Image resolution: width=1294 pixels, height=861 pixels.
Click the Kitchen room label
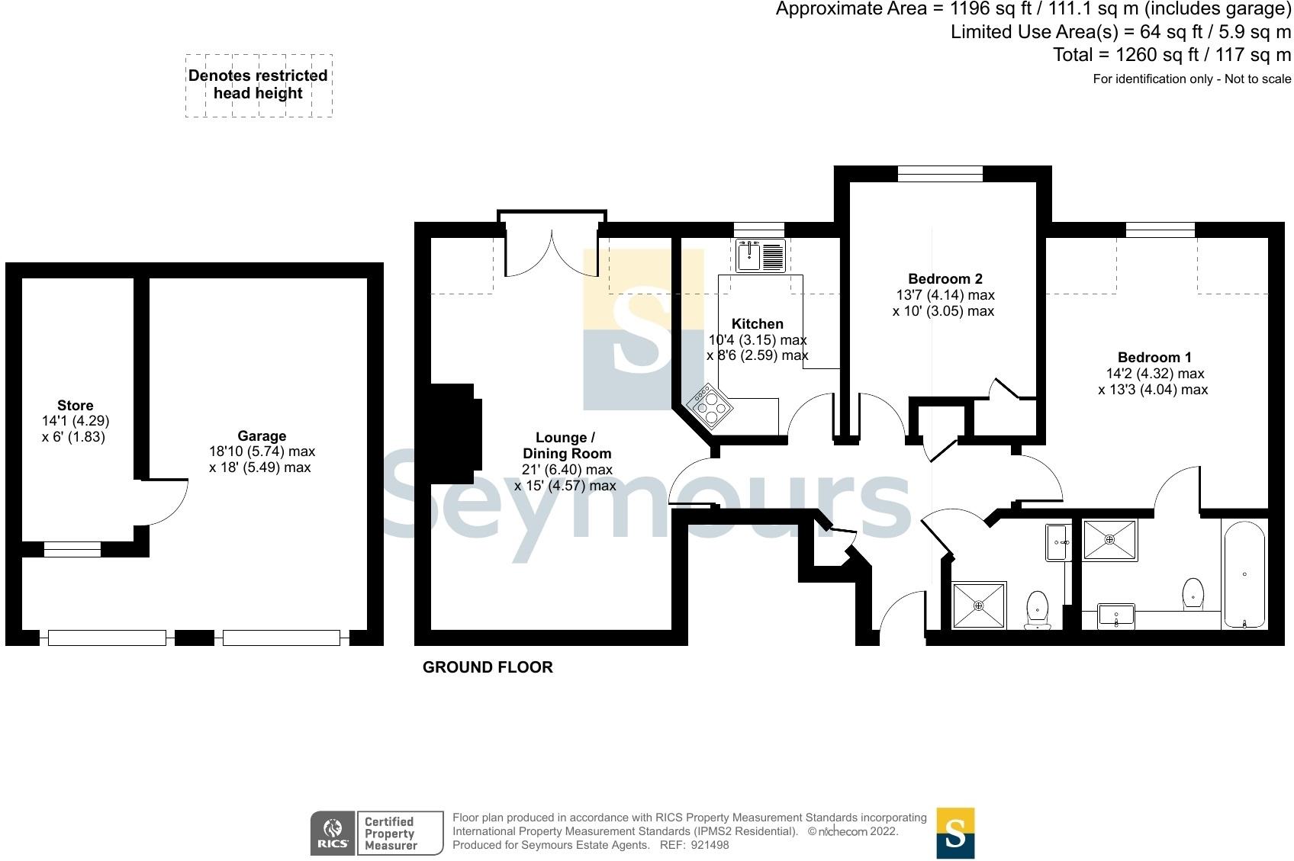point(757,324)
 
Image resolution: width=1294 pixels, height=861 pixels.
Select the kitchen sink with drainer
point(761,255)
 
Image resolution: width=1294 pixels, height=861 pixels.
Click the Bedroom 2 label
point(945,279)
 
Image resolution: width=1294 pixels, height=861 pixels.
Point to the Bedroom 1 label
point(1154,357)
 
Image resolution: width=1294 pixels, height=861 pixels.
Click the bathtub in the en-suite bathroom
point(1244,574)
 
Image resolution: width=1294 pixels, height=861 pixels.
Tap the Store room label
point(75,406)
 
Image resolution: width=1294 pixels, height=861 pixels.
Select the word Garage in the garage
point(262,436)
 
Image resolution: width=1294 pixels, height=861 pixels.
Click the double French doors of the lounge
point(552,252)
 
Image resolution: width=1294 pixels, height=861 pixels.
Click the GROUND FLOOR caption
point(488,667)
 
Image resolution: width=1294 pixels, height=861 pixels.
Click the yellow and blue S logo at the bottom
point(955,833)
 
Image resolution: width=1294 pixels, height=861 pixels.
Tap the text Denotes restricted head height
point(258,85)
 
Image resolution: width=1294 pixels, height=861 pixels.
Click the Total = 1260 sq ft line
point(1171,55)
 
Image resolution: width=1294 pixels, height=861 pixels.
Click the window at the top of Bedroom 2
point(940,174)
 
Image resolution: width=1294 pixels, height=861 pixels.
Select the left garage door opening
point(107,638)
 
